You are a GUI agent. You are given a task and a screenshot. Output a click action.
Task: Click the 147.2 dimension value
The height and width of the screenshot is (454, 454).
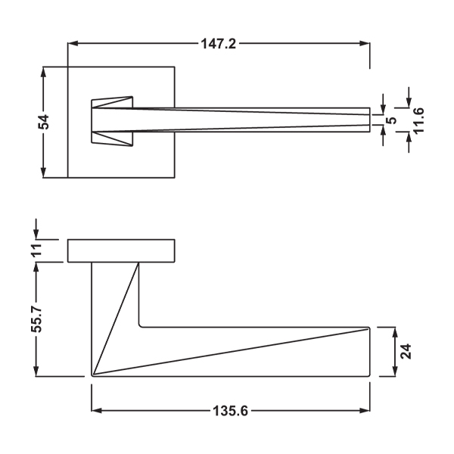219,44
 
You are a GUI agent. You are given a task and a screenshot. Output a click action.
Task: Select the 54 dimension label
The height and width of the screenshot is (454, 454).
44,122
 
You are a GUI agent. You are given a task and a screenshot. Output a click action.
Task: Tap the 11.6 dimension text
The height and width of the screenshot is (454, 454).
418,120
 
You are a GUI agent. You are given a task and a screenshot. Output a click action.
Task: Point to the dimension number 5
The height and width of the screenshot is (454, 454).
391,120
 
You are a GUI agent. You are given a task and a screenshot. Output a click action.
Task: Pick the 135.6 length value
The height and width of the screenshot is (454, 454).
231,411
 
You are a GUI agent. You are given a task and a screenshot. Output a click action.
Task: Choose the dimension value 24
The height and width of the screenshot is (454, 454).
406,352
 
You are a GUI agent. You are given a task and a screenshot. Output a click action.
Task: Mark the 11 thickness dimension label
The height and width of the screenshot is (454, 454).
37,250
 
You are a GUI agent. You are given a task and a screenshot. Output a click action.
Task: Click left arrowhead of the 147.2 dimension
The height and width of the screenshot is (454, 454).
73,44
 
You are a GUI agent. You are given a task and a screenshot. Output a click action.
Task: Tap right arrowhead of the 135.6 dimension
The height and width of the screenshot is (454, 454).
365,411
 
